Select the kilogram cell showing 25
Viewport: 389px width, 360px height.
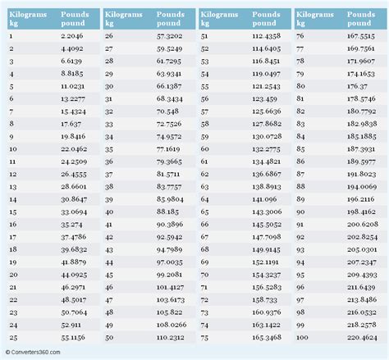[x=13, y=337]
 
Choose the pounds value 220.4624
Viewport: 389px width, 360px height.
[x=362, y=337]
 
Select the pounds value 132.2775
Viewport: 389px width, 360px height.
[x=266, y=149]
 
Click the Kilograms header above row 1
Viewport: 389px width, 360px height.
[x=28, y=15]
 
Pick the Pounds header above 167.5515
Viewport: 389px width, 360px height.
[x=361, y=15]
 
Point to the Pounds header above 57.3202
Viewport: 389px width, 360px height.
[x=169, y=15]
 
